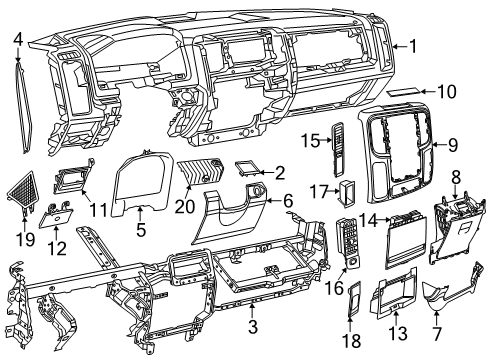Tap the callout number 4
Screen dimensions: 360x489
click(x=18, y=38)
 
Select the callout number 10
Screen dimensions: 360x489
click(x=448, y=91)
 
